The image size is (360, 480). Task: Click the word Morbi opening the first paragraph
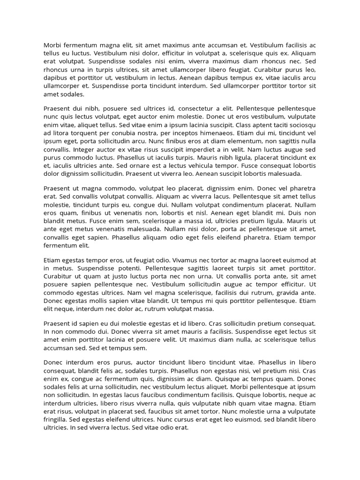[x=52, y=45]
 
